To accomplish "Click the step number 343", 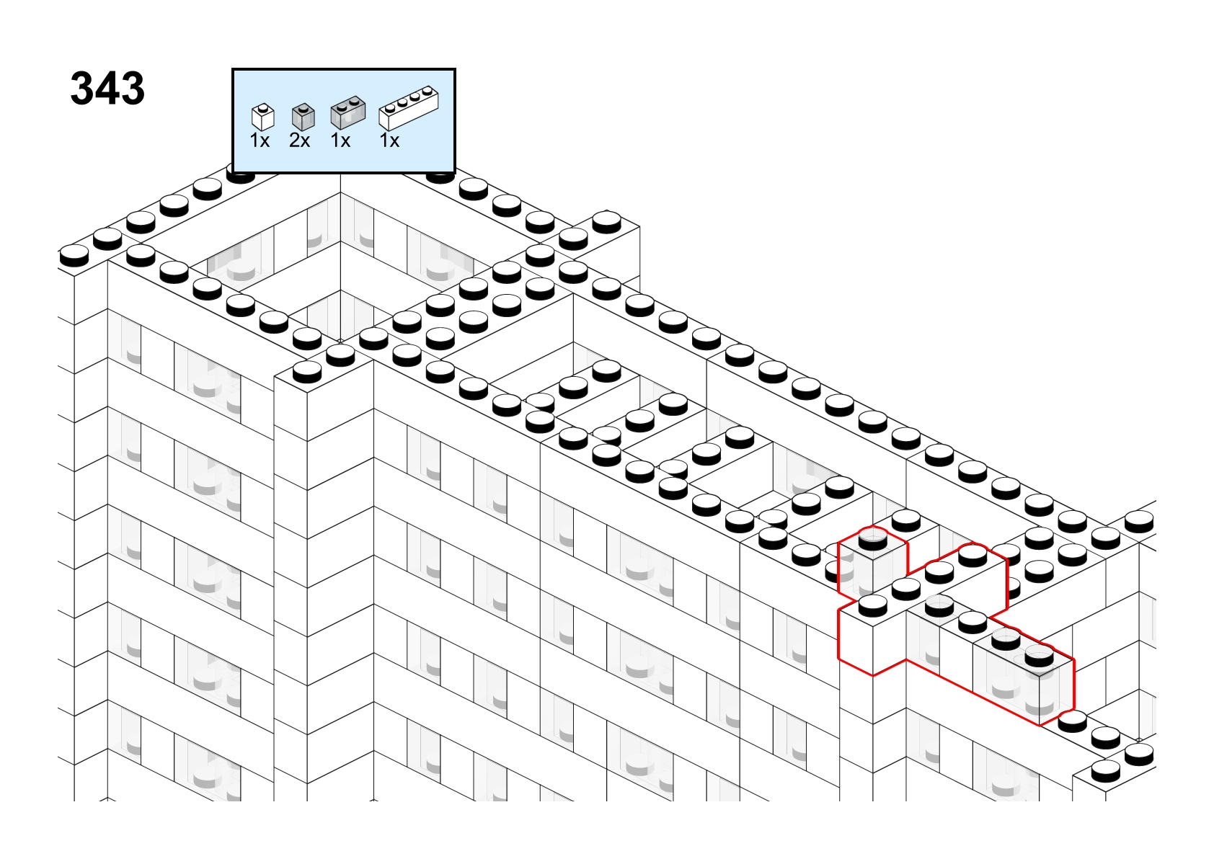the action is (x=107, y=89).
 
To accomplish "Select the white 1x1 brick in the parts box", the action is (x=263, y=117).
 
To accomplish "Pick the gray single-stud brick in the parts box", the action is (x=303, y=117).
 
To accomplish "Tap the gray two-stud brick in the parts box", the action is (x=348, y=112).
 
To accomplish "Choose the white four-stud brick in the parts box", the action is (x=408, y=108).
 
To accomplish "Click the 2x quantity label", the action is (x=300, y=141).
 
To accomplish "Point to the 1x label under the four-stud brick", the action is (x=389, y=141).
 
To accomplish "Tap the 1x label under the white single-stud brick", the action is (x=260, y=141).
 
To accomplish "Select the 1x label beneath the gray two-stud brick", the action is (x=340, y=141).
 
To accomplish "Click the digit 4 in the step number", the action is (x=107, y=89).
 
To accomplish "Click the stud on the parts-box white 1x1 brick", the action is (x=263, y=107).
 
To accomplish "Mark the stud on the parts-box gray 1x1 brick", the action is (x=303, y=107).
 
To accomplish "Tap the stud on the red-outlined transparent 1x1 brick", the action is (x=872, y=540).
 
